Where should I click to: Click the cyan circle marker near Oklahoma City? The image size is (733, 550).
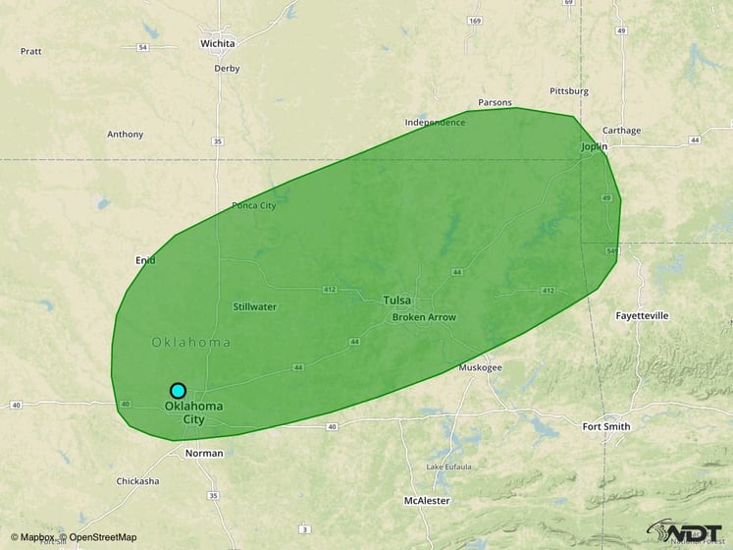coord(178,390)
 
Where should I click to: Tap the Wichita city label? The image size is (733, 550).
coord(217,44)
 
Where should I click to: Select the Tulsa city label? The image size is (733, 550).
coord(397,301)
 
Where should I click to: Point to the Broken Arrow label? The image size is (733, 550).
coord(424,317)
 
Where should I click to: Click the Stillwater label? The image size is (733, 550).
coord(254,306)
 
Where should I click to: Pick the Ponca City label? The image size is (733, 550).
coord(253,205)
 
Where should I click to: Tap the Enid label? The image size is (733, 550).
coord(145,260)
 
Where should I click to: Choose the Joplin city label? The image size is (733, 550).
coord(594,146)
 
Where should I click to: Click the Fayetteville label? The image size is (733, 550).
coord(642,316)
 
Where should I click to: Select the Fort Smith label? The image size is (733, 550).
coord(606,427)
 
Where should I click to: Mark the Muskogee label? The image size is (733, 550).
coord(481,367)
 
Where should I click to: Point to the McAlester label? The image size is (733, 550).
coord(426,500)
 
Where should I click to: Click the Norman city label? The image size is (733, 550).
coord(204,454)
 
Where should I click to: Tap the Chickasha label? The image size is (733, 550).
coord(137,481)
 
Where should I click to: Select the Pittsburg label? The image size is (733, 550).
coord(569,91)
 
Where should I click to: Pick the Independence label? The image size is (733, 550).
coord(435,122)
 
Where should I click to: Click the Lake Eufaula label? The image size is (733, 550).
coord(448,466)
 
